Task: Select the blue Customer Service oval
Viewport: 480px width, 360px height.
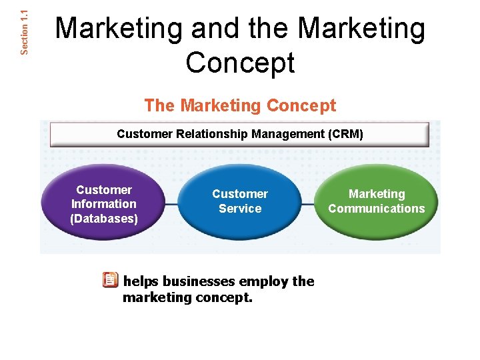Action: [240, 201]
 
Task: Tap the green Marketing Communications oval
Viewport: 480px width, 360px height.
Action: [376, 201]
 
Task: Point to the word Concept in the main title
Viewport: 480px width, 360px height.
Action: [240, 63]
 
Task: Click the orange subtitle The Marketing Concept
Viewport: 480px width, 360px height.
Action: [240, 105]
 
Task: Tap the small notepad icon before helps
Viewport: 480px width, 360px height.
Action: [110, 280]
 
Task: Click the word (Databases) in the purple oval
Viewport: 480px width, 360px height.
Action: [103, 219]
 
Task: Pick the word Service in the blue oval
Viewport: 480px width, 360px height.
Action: [240, 209]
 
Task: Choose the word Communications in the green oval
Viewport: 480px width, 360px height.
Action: [376, 209]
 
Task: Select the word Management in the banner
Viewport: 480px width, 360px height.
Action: [289, 134]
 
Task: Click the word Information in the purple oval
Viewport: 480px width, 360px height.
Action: [103, 204]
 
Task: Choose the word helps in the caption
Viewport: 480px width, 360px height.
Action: [141, 281]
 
